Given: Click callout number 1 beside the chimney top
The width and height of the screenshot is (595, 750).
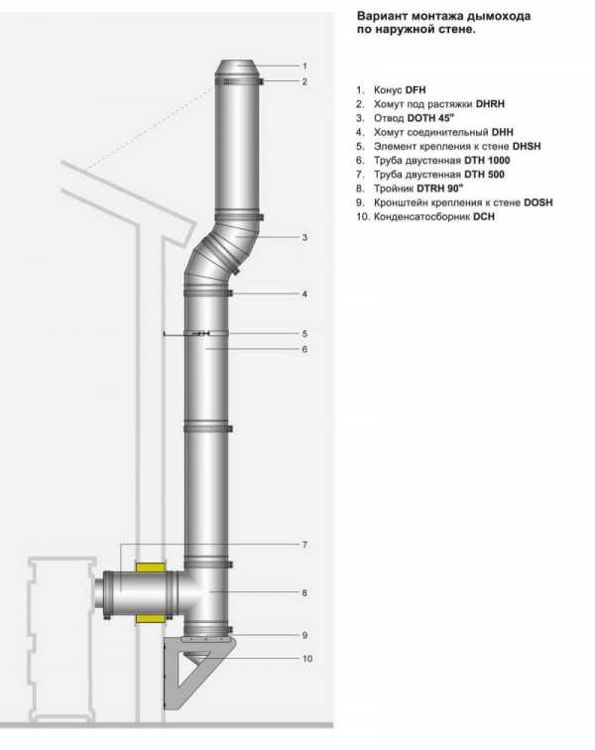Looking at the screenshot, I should [x=304, y=65].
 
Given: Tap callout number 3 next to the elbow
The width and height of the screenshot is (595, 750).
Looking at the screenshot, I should [x=304, y=238].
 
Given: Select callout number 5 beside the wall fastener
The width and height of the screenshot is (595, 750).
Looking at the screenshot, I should [x=304, y=333].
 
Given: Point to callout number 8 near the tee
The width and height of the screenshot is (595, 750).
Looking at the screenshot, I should [x=304, y=593].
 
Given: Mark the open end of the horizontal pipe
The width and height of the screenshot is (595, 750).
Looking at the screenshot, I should [x=99, y=592].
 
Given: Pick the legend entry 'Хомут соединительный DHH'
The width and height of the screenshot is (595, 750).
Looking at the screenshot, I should [x=435, y=131].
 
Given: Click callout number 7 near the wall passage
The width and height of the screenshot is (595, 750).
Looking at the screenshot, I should [x=304, y=545].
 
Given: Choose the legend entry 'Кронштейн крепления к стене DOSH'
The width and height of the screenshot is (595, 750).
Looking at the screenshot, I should [x=462, y=201].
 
